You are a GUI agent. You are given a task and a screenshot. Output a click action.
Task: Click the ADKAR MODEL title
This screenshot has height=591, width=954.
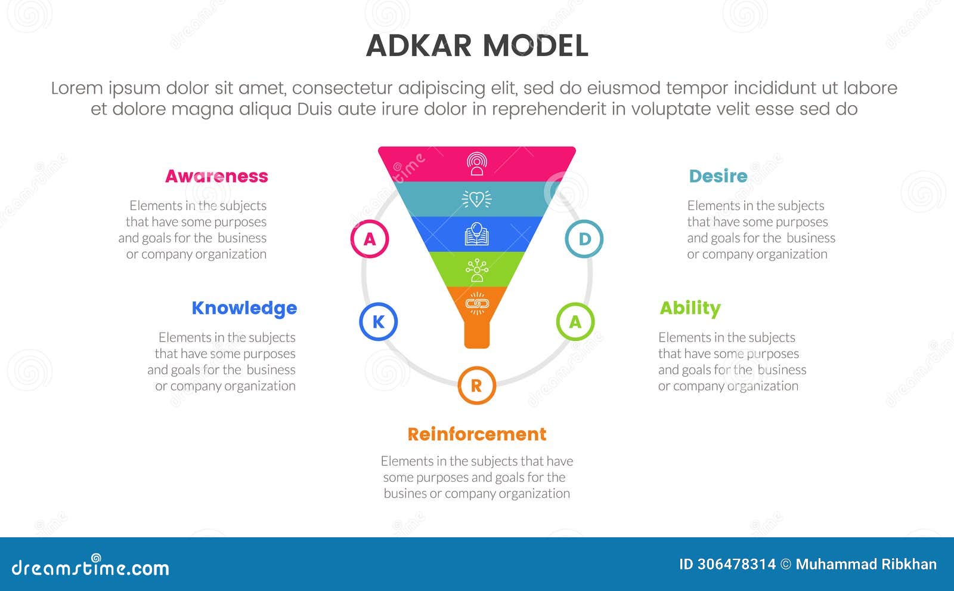point(477,46)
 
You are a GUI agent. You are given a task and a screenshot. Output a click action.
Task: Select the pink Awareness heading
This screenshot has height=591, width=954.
point(216,176)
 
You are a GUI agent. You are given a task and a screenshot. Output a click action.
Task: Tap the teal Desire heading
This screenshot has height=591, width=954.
point(718,176)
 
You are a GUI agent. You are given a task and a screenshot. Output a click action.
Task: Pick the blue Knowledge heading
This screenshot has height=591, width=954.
point(244,308)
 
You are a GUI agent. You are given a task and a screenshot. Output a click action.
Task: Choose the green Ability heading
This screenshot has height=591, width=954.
point(690,308)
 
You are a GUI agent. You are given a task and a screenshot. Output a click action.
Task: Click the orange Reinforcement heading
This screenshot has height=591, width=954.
point(476,434)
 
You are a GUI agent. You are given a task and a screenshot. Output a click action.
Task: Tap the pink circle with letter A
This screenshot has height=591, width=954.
point(370,239)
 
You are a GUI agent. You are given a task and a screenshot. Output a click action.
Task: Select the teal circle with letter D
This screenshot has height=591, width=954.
point(584,239)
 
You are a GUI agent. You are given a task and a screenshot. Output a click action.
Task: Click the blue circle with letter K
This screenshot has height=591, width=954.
point(378,322)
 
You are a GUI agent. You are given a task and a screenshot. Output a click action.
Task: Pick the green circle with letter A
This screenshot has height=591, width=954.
point(575,322)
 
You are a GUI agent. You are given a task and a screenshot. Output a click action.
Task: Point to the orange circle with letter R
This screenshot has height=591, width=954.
point(476,386)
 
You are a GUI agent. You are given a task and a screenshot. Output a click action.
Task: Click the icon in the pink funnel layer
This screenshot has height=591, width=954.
point(477,164)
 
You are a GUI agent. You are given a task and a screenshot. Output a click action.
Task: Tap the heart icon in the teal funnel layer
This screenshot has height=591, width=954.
point(477,199)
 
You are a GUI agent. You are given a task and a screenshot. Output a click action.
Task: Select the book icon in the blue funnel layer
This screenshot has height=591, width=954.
point(477,234)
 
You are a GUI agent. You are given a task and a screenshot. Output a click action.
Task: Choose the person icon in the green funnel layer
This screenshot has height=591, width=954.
point(477,270)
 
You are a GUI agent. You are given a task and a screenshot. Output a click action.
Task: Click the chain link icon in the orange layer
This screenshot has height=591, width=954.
point(477,304)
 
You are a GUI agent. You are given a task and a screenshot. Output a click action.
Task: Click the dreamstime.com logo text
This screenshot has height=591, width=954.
point(91,568)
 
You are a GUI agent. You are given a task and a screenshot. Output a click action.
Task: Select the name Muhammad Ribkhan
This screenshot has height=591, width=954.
point(866,564)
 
